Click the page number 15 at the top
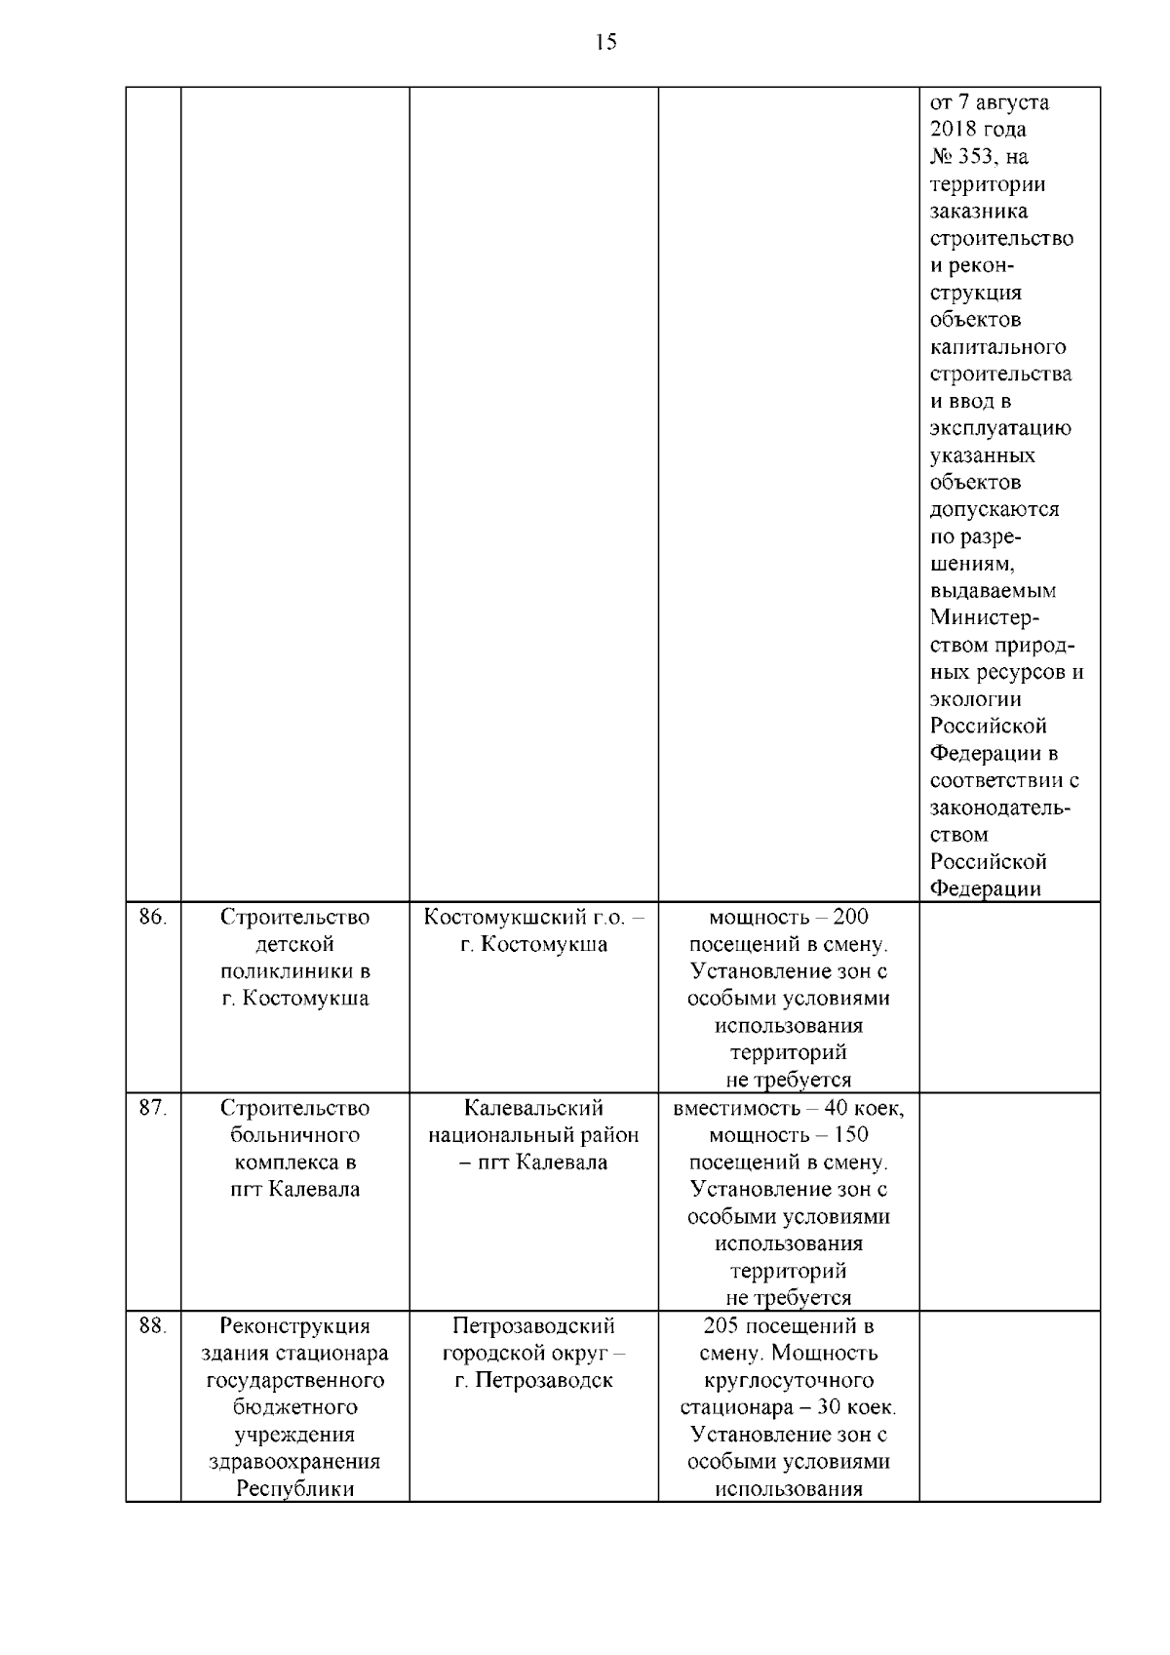click(x=605, y=42)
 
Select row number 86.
click(x=153, y=918)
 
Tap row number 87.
click(x=153, y=1109)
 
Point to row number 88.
click(x=153, y=1326)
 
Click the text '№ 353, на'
click(x=979, y=157)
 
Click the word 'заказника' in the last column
click(x=978, y=212)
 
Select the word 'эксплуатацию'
click(x=1000, y=429)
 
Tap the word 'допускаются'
click(x=994, y=510)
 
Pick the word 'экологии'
click(x=975, y=699)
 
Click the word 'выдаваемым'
click(x=993, y=591)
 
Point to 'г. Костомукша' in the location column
click(x=533, y=945)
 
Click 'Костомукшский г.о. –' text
click(x=533, y=918)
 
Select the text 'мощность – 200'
click(x=788, y=918)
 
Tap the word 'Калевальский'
click(x=533, y=1109)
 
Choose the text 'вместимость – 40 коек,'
click(x=788, y=1109)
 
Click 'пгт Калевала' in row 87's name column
click(x=294, y=1190)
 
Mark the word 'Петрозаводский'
click(x=533, y=1326)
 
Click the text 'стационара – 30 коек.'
click(x=788, y=1408)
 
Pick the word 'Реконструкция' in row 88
click(x=294, y=1326)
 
